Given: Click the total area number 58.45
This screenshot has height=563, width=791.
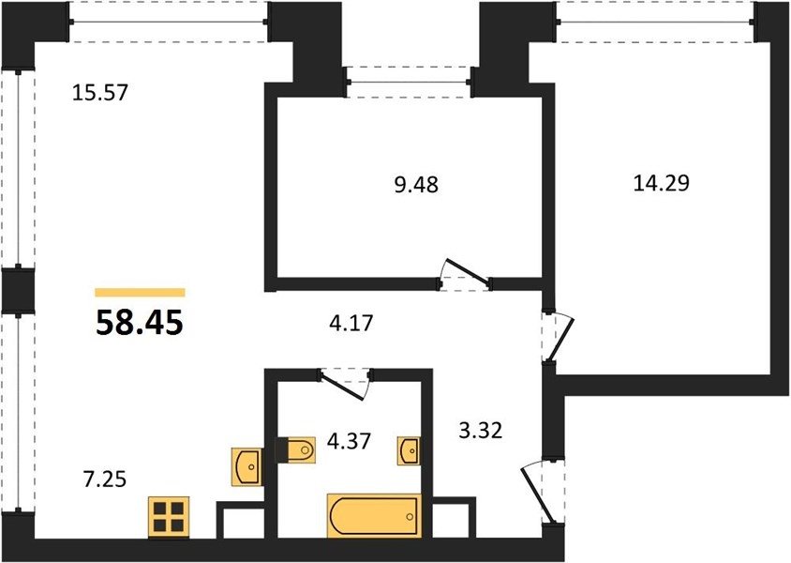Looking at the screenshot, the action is click(140, 323).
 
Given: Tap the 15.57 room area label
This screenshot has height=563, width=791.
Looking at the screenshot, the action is click(100, 93).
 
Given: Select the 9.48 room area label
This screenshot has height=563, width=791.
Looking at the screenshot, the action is click(416, 185).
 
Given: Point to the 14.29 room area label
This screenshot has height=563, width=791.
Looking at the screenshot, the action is click(661, 183).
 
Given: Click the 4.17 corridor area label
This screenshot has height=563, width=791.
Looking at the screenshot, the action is click(351, 323).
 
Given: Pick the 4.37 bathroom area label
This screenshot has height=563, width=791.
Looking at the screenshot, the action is click(349, 441).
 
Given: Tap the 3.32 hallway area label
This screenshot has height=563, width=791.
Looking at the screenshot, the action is click(481, 431).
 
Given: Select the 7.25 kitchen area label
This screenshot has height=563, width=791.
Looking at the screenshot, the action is click(104, 479).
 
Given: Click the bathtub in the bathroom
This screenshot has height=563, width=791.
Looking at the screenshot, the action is click(374, 515).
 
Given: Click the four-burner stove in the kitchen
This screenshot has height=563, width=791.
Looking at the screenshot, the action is click(169, 518).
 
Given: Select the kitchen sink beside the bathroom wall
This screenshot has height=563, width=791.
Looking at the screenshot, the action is click(246, 466).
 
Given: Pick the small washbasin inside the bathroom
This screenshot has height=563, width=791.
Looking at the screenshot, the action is click(410, 450).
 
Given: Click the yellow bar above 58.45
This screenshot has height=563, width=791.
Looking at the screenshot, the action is click(141, 293).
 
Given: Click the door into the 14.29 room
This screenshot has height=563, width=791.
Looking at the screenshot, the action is click(558, 337).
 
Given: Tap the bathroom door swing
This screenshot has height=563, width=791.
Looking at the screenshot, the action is click(346, 385).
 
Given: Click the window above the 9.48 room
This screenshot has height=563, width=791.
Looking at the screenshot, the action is click(410, 82).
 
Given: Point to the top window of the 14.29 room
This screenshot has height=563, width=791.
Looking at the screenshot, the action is click(655, 22).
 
